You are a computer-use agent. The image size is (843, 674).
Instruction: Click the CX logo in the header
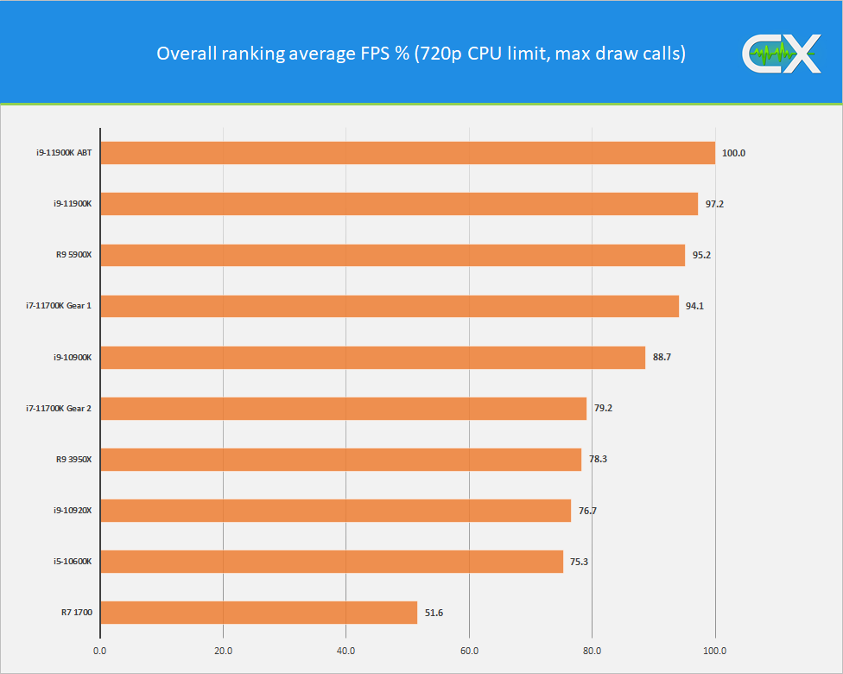pyautogui.click(x=780, y=54)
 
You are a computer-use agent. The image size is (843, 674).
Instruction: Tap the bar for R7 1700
pyautogui.click(x=259, y=613)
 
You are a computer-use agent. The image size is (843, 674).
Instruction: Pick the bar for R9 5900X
pyautogui.click(x=393, y=255)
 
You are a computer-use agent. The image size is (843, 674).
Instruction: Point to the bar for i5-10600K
pyautogui.click(x=332, y=562)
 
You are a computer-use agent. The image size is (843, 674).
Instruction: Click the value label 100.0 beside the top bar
pyautogui.click(x=733, y=153)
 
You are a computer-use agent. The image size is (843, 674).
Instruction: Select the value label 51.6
pyautogui.click(x=434, y=614)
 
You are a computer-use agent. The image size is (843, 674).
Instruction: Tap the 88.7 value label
pyautogui.click(x=662, y=358)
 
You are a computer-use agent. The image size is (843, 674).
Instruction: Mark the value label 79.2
pyautogui.click(x=602, y=409)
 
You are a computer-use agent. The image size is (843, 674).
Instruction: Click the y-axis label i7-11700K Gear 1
pyautogui.click(x=59, y=306)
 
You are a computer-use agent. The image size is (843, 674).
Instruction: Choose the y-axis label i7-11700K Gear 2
pyautogui.click(x=59, y=409)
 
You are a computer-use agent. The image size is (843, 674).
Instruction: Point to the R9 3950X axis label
pyautogui.click(x=73, y=460)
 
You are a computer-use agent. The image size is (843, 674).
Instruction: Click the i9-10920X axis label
pyautogui.click(x=73, y=511)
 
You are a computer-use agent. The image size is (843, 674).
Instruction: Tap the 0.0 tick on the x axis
pyautogui.click(x=100, y=650)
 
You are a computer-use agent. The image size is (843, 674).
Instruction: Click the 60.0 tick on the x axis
pyautogui.click(x=469, y=650)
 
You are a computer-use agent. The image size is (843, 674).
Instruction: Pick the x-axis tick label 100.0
pyautogui.click(x=715, y=650)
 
